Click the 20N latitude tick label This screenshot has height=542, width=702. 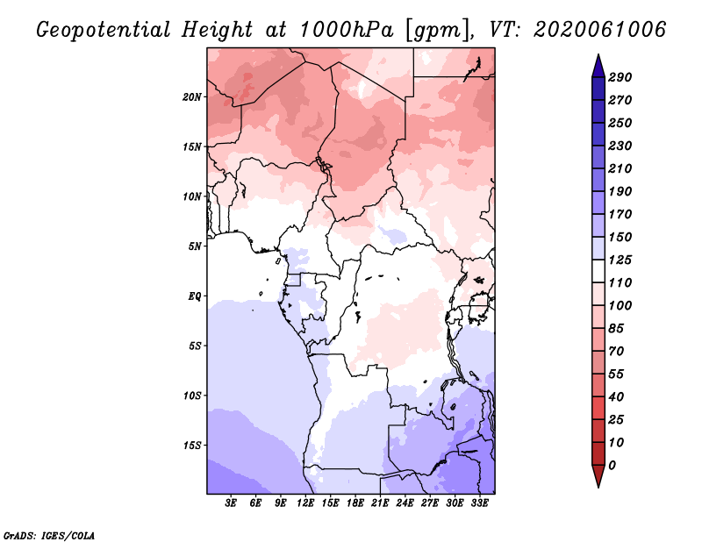click(192, 97)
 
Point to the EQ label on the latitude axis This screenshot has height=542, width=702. click(195, 296)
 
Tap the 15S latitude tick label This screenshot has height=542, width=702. click(192, 446)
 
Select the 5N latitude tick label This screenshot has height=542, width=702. click(195, 246)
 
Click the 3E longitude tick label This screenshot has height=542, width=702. click(231, 503)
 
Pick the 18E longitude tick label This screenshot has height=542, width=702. click(355, 503)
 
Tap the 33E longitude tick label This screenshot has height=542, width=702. click(479, 503)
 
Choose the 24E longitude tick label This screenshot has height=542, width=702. click(405, 503)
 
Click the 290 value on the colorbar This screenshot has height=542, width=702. click(620, 77)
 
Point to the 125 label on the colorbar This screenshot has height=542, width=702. click(620, 260)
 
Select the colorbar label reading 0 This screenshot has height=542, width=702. click(612, 466)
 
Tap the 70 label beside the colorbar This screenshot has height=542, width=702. click(616, 352)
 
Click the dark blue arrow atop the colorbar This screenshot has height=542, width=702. click(598, 67)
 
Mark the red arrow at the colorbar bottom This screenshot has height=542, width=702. click(598, 475)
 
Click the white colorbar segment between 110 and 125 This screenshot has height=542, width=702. click(598, 271)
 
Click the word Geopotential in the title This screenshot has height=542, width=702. click(104, 30)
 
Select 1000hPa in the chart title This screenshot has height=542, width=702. click(347, 30)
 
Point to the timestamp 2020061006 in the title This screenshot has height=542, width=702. click(600, 30)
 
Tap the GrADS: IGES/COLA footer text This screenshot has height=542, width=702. click(49, 536)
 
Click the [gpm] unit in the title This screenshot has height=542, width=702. click(439, 31)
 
